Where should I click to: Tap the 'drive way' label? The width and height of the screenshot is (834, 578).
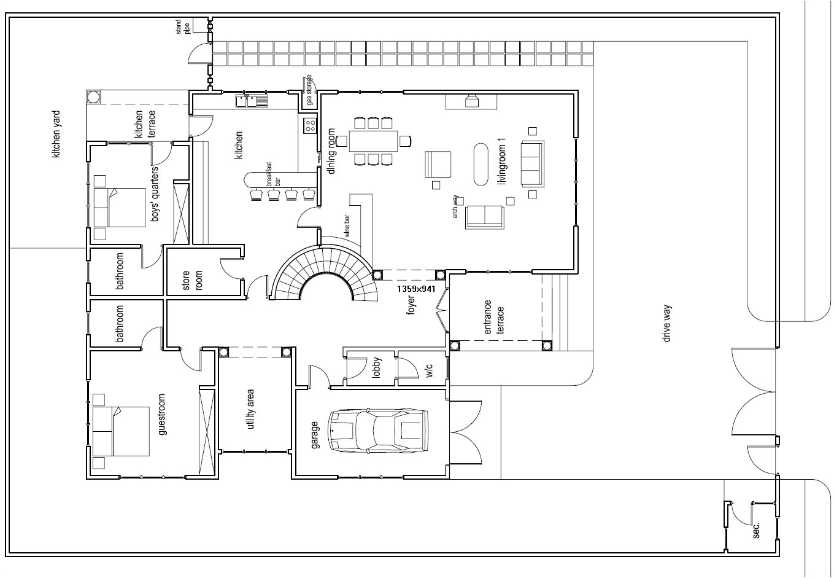coord(667,322)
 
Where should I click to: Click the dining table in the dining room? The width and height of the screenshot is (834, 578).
coord(373,141)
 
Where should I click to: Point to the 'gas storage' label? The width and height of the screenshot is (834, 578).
coord(309,90)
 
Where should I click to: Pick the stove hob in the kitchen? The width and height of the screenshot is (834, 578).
coord(310,126)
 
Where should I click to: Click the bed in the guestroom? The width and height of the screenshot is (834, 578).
coord(122,432)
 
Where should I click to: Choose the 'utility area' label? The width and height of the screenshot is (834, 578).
coord(251,410)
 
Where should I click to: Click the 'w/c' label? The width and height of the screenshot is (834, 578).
coord(429,370)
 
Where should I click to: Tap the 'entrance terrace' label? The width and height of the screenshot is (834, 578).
coord(493,318)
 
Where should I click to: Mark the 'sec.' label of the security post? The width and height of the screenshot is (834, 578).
coord(756,530)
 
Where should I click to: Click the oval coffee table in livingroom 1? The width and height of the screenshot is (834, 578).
coord(481,164)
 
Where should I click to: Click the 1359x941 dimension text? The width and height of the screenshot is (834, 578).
coord(416,288)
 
